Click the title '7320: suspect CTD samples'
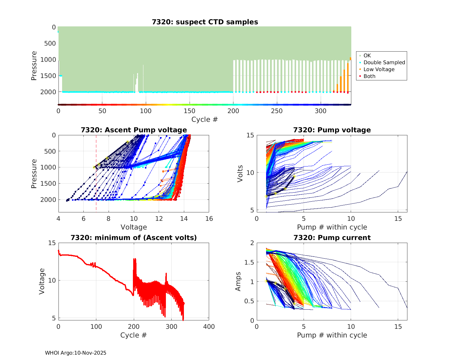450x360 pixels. (205, 22)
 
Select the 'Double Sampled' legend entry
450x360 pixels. (384, 62)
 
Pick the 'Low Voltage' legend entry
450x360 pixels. (379, 69)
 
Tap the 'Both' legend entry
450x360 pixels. (369, 76)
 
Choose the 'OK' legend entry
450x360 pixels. (367, 55)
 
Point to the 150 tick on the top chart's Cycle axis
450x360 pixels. (190, 111)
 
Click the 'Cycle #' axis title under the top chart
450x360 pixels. (205, 119)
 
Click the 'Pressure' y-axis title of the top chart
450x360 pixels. (34, 66)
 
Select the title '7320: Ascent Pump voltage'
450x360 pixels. (134, 130)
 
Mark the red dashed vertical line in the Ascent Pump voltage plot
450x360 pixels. (96, 180)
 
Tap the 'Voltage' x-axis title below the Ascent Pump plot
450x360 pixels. (134, 227)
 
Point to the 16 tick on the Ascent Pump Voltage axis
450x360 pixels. (209, 219)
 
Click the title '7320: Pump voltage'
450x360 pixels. (332, 130)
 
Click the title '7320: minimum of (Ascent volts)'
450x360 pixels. (134, 238)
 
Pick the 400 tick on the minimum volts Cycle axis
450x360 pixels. (209, 327)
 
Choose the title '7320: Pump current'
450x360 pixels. (332, 238)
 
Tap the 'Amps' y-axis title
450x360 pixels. (238, 281)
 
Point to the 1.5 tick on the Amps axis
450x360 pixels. (249, 262)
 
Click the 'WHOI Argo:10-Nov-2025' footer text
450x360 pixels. (76, 353)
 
